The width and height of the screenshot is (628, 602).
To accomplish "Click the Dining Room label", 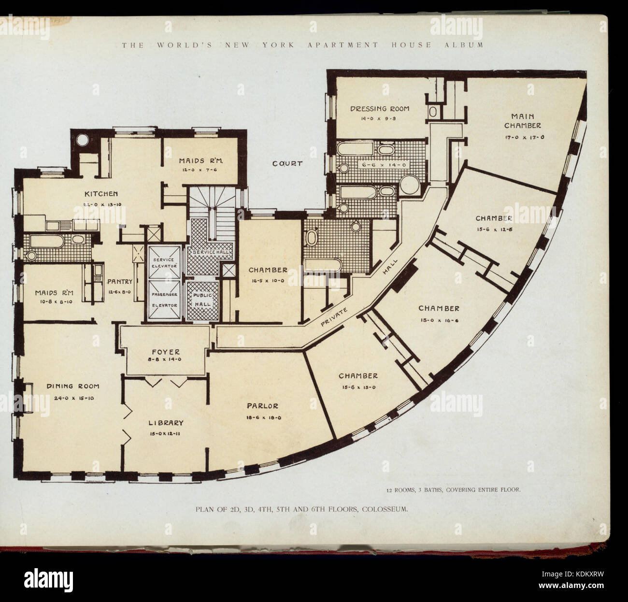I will tap(73, 386).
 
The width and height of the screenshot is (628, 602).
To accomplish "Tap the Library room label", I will tap(166, 423).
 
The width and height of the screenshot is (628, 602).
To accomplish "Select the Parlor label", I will tap(261, 406).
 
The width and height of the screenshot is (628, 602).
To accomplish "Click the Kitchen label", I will tap(101, 194).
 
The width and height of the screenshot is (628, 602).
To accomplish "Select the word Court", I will tap(287, 164).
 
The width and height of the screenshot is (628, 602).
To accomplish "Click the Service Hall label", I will tap(211, 253).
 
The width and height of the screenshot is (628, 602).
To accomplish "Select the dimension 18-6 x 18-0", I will tap(261, 417).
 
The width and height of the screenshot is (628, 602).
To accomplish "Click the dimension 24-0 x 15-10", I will tap(72, 396).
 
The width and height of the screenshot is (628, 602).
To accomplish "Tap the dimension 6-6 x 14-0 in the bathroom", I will tap(378, 164).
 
